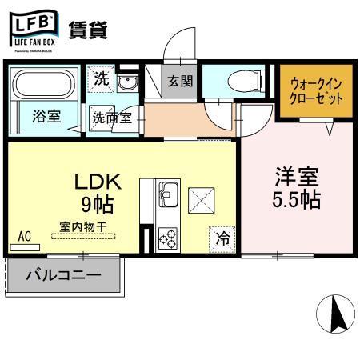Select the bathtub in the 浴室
point(42,84)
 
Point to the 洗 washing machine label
point(101,79)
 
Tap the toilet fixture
point(239,82)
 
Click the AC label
point(24,238)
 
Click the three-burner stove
point(168,236)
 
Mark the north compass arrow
point(337,314)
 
